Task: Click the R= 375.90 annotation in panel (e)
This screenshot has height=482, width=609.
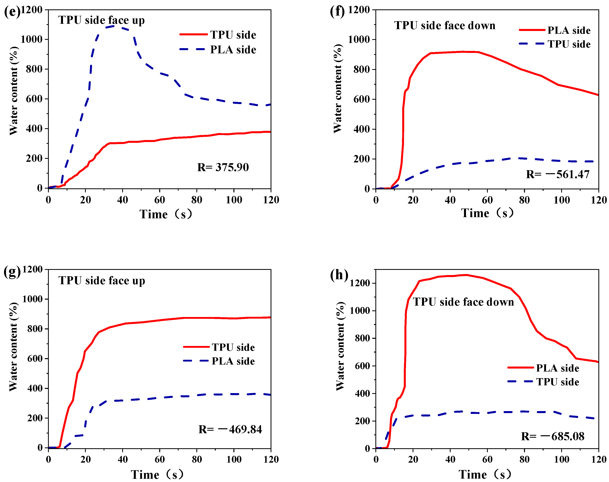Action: [x=223, y=167]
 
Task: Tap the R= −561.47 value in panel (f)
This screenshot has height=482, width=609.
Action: [x=558, y=174]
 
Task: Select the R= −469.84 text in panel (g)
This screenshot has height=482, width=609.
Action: [x=230, y=429]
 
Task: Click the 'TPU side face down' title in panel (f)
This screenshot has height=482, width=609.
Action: [x=445, y=25]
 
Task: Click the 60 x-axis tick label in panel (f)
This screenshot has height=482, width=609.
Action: [x=487, y=200]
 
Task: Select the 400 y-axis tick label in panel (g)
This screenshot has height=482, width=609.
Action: [x=35, y=388]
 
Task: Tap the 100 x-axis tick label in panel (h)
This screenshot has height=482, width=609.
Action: [x=562, y=459]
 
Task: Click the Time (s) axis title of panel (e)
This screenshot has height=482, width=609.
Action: [x=166, y=214]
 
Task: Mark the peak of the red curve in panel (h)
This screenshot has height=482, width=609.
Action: [x=466, y=275]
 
